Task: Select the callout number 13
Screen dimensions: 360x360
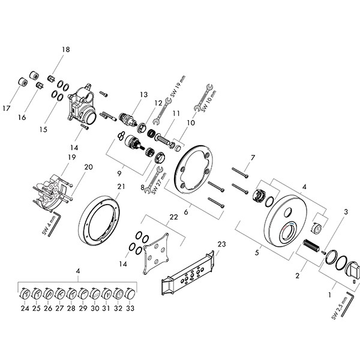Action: pos(143,95)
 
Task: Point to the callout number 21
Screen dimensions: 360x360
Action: pos(121,187)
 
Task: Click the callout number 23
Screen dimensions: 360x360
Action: pos(221,244)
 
